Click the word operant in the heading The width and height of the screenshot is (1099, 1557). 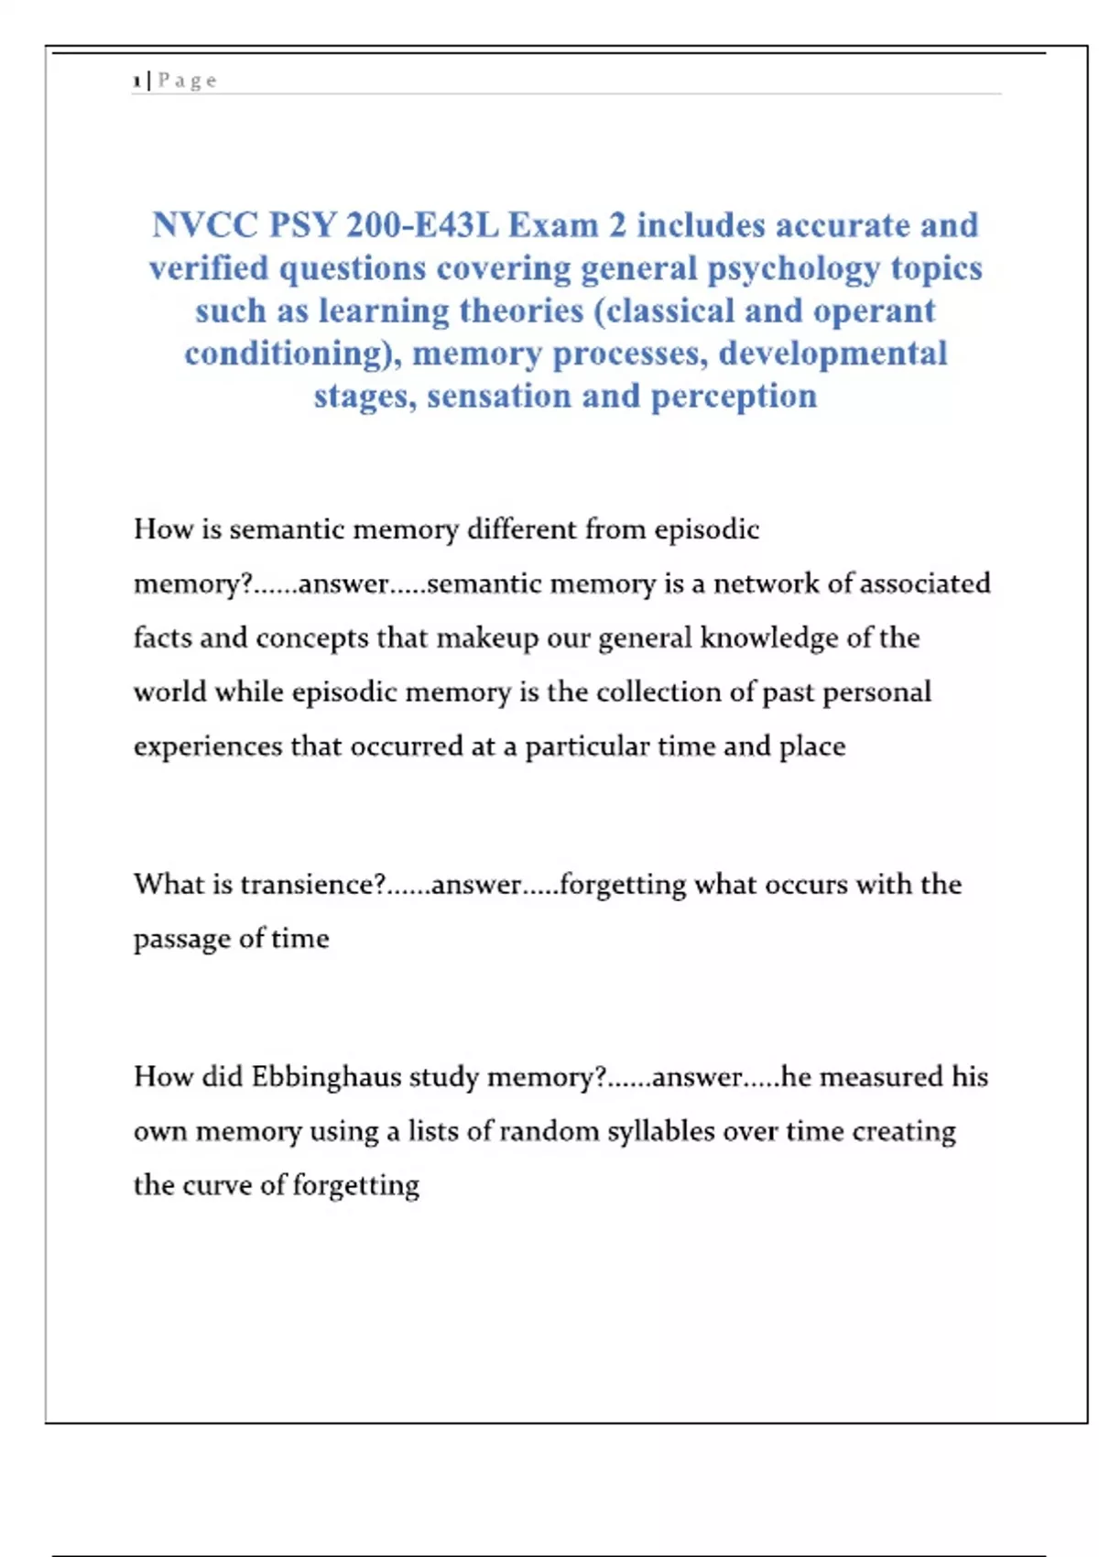click(874, 311)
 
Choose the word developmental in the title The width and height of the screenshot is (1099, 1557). click(832, 354)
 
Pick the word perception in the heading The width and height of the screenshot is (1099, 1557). click(734, 397)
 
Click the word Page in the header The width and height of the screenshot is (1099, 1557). click(188, 81)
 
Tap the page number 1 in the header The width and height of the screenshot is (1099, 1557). click(136, 82)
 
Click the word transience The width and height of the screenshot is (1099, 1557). click(312, 885)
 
